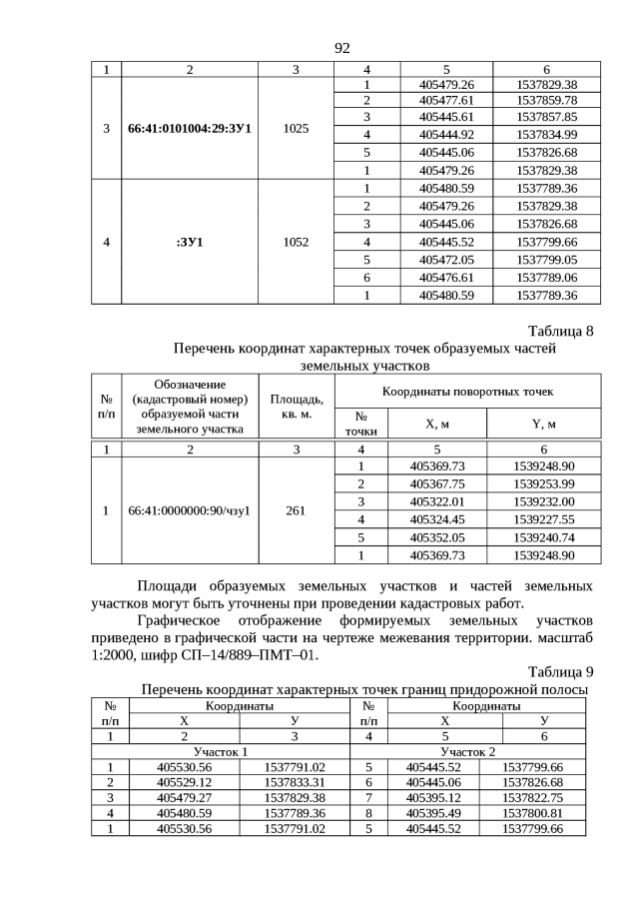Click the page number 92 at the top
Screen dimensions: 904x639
[x=341, y=48]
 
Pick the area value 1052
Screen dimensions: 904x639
[x=296, y=241]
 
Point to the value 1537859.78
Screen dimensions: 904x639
[x=546, y=101]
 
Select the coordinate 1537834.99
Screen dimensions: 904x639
[x=546, y=134]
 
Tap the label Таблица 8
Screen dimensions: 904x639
[x=560, y=332]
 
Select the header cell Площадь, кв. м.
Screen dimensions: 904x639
[x=296, y=407]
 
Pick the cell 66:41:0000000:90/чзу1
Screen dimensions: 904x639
[x=190, y=510]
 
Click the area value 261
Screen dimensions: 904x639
[x=296, y=510]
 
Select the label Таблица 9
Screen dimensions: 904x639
[x=560, y=671]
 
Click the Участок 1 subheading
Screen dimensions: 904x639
[x=221, y=750]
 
